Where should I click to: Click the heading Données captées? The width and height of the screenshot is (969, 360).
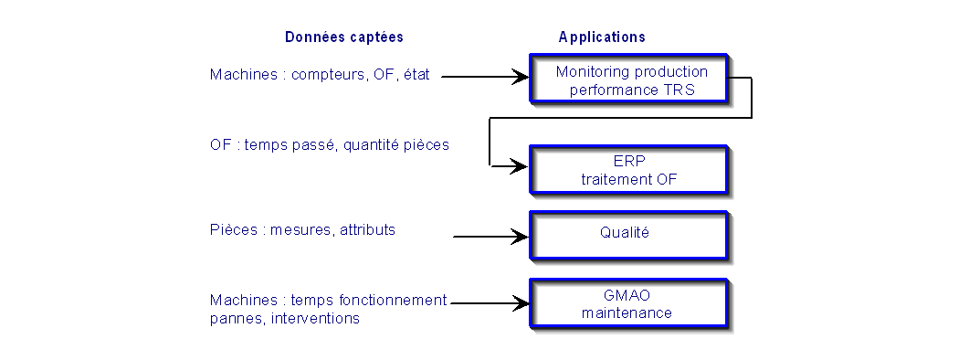pyautogui.click(x=344, y=37)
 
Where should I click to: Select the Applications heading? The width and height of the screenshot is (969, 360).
pyautogui.click(x=602, y=37)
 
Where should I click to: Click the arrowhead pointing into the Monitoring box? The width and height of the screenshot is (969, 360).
pyautogui.click(x=520, y=77)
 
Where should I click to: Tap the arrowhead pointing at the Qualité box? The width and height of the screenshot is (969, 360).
pyautogui.click(x=520, y=237)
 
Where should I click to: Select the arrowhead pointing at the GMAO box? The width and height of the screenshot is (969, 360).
pyautogui.click(x=520, y=303)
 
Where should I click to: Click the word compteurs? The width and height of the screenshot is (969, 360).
pyautogui.click(x=330, y=75)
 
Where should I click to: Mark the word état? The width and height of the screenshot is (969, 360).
pyautogui.click(x=416, y=74)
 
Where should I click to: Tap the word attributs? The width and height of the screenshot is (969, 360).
pyautogui.click(x=368, y=230)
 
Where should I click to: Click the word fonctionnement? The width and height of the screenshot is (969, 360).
pyautogui.click(x=393, y=300)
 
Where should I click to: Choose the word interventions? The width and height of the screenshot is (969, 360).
pyautogui.click(x=315, y=319)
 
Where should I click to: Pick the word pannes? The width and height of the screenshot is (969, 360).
pyautogui.click(x=237, y=320)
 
